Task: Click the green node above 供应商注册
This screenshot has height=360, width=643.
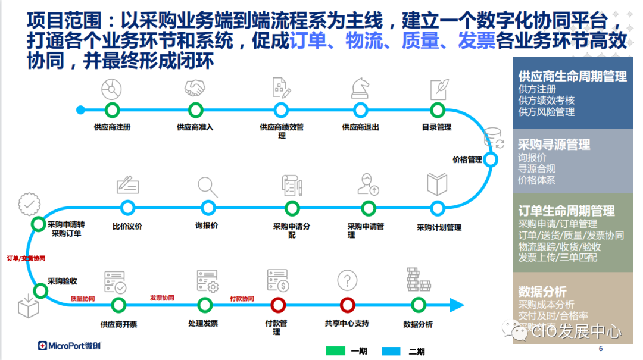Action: click(x=112, y=109)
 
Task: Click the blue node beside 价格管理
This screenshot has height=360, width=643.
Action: click(x=491, y=159)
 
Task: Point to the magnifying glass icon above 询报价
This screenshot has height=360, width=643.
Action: click(x=208, y=186)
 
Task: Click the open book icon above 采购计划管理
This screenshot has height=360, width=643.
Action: click(x=437, y=184)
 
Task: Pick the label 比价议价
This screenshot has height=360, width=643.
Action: click(x=127, y=226)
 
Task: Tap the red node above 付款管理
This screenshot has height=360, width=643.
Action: click(x=277, y=305)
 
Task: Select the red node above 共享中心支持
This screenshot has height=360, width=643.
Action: click(x=348, y=305)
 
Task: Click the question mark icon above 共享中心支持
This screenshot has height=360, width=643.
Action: click(x=347, y=280)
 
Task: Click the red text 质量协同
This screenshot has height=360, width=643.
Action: click(x=83, y=299)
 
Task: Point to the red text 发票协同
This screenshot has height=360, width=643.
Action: click(x=162, y=298)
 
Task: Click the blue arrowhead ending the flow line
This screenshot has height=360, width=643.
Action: click(x=457, y=305)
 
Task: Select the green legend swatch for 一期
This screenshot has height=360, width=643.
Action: click(x=336, y=351)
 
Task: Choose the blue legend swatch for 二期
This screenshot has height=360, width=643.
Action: click(x=393, y=351)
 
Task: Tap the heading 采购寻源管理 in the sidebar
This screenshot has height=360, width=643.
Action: click(x=554, y=145)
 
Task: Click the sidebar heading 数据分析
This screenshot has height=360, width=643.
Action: click(x=542, y=292)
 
